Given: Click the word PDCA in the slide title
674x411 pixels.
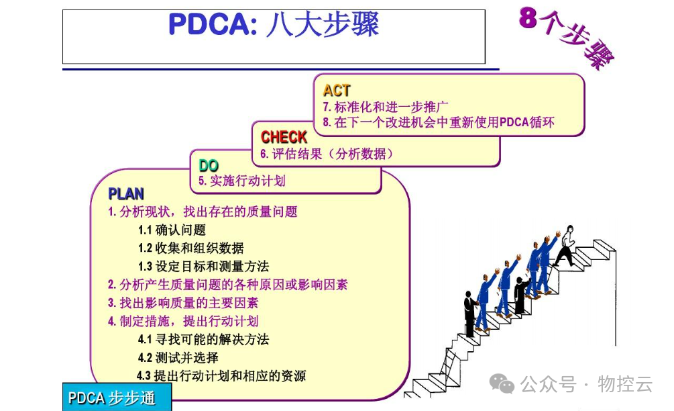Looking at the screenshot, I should coord(208,25).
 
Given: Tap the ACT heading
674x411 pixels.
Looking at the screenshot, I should coord(337,90).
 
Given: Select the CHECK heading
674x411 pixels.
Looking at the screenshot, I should coord(284,137).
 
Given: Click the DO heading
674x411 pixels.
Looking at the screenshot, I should coord(209,165).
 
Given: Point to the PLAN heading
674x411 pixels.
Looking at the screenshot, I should coord(126,194).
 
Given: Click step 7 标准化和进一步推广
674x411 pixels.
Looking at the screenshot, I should coord(386,107).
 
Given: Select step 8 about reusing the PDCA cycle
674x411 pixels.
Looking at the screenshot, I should coord(439,122).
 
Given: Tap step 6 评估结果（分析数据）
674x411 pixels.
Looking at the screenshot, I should coord(327,154).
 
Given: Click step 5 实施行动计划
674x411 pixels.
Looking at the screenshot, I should coord(242,181).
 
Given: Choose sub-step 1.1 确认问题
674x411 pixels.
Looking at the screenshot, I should coord(172,230).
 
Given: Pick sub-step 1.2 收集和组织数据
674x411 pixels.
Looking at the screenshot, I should coord(190,248).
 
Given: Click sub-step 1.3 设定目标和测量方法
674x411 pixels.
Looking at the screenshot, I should coord(203,266).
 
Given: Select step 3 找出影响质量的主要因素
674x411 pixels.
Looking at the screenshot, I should coord(183,303).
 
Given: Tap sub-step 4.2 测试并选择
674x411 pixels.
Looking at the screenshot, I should coord(178,357).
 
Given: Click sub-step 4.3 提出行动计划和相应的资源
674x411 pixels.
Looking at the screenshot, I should coord(221,375).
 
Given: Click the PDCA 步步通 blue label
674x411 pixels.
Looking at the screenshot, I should coord(113,398).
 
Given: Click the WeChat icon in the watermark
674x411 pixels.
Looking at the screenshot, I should coord(502,383).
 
